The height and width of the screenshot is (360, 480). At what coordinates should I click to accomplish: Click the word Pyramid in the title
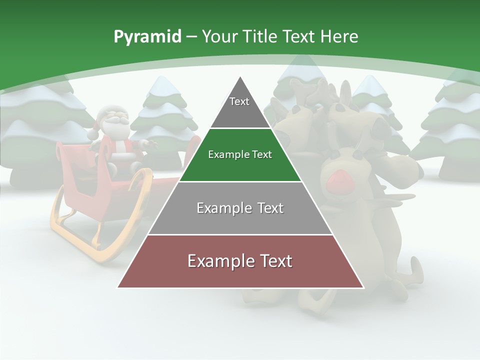pyautogui.click(x=147, y=37)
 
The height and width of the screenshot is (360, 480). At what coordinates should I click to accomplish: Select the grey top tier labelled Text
pyautogui.click(x=239, y=107)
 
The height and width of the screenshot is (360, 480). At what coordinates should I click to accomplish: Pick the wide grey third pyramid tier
pyautogui.click(x=240, y=208)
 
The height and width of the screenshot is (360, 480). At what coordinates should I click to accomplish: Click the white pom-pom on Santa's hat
pyautogui.click(x=92, y=135)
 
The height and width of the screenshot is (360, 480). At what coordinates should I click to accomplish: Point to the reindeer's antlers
pyautogui.click(x=310, y=95)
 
